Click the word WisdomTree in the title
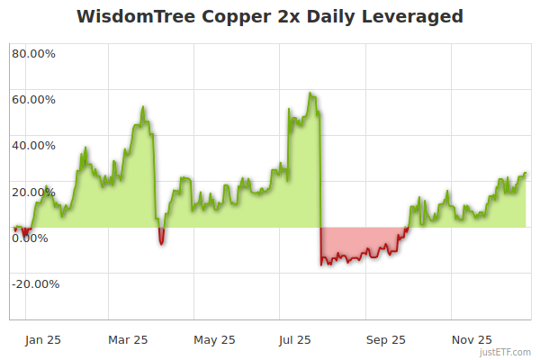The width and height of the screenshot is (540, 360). pyautogui.click(x=131, y=17)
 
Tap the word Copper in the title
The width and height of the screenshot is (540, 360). pyautogui.click(x=226, y=17)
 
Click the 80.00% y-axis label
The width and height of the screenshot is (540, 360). pyautogui.click(x=33, y=53)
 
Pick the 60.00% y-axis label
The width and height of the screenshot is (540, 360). pyautogui.click(x=33, y=99)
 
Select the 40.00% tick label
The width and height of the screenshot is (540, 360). pyautogui.click(x=33, y=145)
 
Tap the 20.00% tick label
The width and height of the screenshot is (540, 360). pyautogui.click(x=33, y=192)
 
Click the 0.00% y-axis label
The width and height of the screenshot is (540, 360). pyautogui.click(x=30, y=238)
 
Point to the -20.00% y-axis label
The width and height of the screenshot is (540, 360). pyautogui.click(x=35, y=284)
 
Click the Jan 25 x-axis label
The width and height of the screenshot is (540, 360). pyautogui.click(x=44, y=340)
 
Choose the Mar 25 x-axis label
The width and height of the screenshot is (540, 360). pyautogui.click(x=127, y=340)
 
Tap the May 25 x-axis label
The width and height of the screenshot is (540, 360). pyautogui.click(x=214, y=340)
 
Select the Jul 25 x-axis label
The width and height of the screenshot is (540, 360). pyautogui.click(x=296, y=340)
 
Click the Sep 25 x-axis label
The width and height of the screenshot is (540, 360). pyautogui.click(x=385, y=340)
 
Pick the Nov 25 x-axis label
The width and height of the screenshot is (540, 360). pyautogui.click(x=472, y=340)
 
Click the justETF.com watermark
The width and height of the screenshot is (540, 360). pyautogui.click(x=506, y=353)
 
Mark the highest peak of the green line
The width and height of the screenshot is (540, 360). pyautogui.click(x=310, y=93)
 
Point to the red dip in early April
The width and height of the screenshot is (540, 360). pyautogui.click(x=161, y=242)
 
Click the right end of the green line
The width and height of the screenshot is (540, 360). pyautogui.click(x=526, y=173)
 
